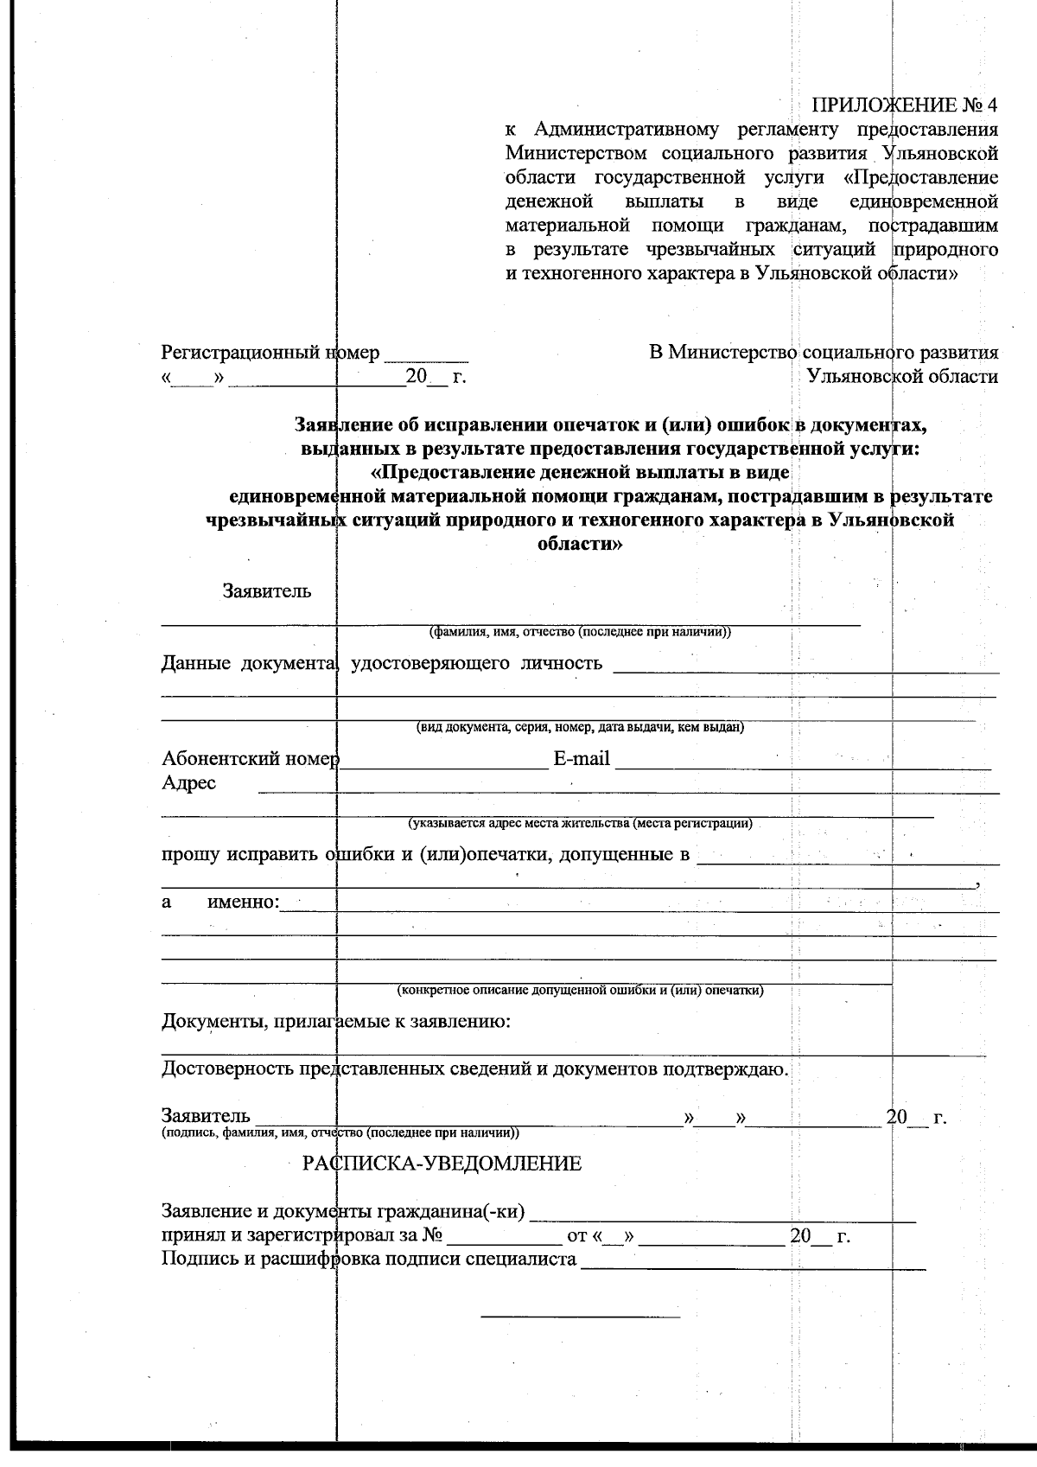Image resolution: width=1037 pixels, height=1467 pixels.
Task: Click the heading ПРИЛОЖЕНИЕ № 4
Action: point(905,105)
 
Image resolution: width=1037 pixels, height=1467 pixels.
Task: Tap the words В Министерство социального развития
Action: point(823,353)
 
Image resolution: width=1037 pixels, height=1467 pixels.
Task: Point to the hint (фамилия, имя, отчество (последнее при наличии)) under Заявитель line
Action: point(581,632)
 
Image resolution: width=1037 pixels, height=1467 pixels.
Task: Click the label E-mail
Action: point(581,759)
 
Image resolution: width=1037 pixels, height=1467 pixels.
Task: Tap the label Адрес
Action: point(189,783)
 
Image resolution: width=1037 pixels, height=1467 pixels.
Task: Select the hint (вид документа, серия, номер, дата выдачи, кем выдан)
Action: point(581,727)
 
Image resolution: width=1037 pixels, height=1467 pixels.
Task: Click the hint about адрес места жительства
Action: point(581,823)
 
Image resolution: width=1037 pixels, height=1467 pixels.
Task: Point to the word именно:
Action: point(244,903)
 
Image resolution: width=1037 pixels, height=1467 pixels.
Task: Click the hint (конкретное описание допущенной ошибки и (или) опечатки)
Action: point(581,991)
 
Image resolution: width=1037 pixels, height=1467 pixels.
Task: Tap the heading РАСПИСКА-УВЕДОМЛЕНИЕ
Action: point(442,1164)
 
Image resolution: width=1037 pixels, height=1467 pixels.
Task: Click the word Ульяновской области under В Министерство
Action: point(901,377)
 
